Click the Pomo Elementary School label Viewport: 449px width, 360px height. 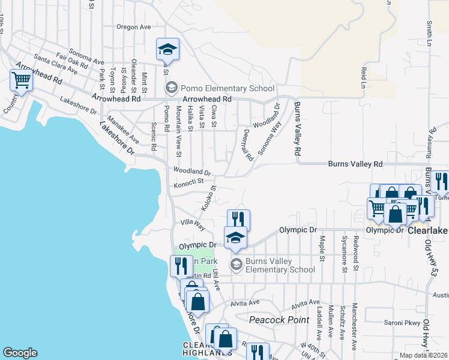pos(228,88)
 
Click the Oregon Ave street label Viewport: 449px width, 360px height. pos(133,27)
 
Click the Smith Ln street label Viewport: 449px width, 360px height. pos(429,34)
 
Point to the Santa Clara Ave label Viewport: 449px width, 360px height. pos(56,64)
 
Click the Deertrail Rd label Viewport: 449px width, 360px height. pos(247,145)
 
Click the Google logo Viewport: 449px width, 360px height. pos(20,353)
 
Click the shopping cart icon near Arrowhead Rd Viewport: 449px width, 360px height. pos(22,80)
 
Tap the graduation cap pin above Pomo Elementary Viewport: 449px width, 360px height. pos(168,50)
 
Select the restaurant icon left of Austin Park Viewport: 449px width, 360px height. pos(181,266)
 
